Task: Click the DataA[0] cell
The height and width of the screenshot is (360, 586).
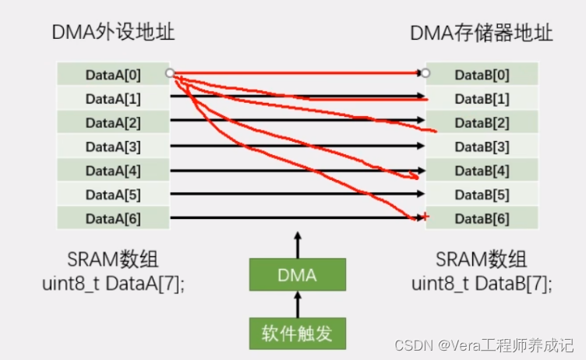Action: pos(113,75)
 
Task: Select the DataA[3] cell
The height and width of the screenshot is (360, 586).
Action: pos(113,146)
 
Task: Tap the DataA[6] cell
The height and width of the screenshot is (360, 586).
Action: pos(113,218)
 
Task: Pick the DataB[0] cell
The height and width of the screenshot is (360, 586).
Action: pos(482,75)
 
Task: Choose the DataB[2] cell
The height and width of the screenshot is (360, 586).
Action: pos(482,122)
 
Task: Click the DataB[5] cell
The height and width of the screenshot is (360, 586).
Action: pos(482,194)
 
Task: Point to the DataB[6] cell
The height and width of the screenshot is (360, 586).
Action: pos(482,218)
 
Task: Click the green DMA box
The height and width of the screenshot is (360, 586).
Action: pos(298,275)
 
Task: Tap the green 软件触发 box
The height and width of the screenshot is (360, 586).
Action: pos(298,334)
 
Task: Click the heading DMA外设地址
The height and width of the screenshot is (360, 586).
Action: pos(113,33)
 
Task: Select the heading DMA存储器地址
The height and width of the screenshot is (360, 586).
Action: pos(481,33)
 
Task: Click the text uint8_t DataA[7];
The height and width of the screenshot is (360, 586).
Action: pos(113,284)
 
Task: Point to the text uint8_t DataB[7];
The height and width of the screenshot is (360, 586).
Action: pos(482,284)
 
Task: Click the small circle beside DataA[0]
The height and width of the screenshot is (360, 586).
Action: pos(170,73)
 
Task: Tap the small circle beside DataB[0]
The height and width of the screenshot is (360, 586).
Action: pos(425,73)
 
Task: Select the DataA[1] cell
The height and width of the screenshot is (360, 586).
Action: pos(113,99)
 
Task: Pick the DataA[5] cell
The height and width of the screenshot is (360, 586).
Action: pos(113,194)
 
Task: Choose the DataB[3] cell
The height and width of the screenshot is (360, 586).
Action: pos(482,146)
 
